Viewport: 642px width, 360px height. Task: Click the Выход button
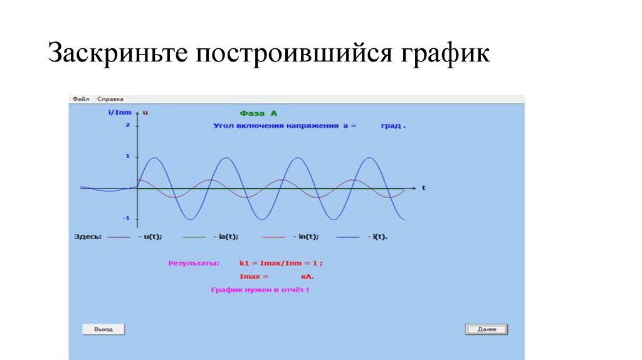103,329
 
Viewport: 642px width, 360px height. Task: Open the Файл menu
81,99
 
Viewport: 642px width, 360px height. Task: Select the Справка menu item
110,99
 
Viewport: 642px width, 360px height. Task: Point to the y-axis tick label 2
128,125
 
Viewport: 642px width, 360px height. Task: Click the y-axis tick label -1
126,218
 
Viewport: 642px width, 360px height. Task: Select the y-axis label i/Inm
120,112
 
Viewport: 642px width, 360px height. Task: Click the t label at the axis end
424,188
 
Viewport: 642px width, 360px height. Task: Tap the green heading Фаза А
258,114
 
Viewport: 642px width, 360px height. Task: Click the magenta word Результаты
193,263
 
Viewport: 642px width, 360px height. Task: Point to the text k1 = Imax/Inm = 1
278,263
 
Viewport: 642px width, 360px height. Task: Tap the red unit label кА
307,277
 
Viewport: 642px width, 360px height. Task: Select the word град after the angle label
391,126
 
